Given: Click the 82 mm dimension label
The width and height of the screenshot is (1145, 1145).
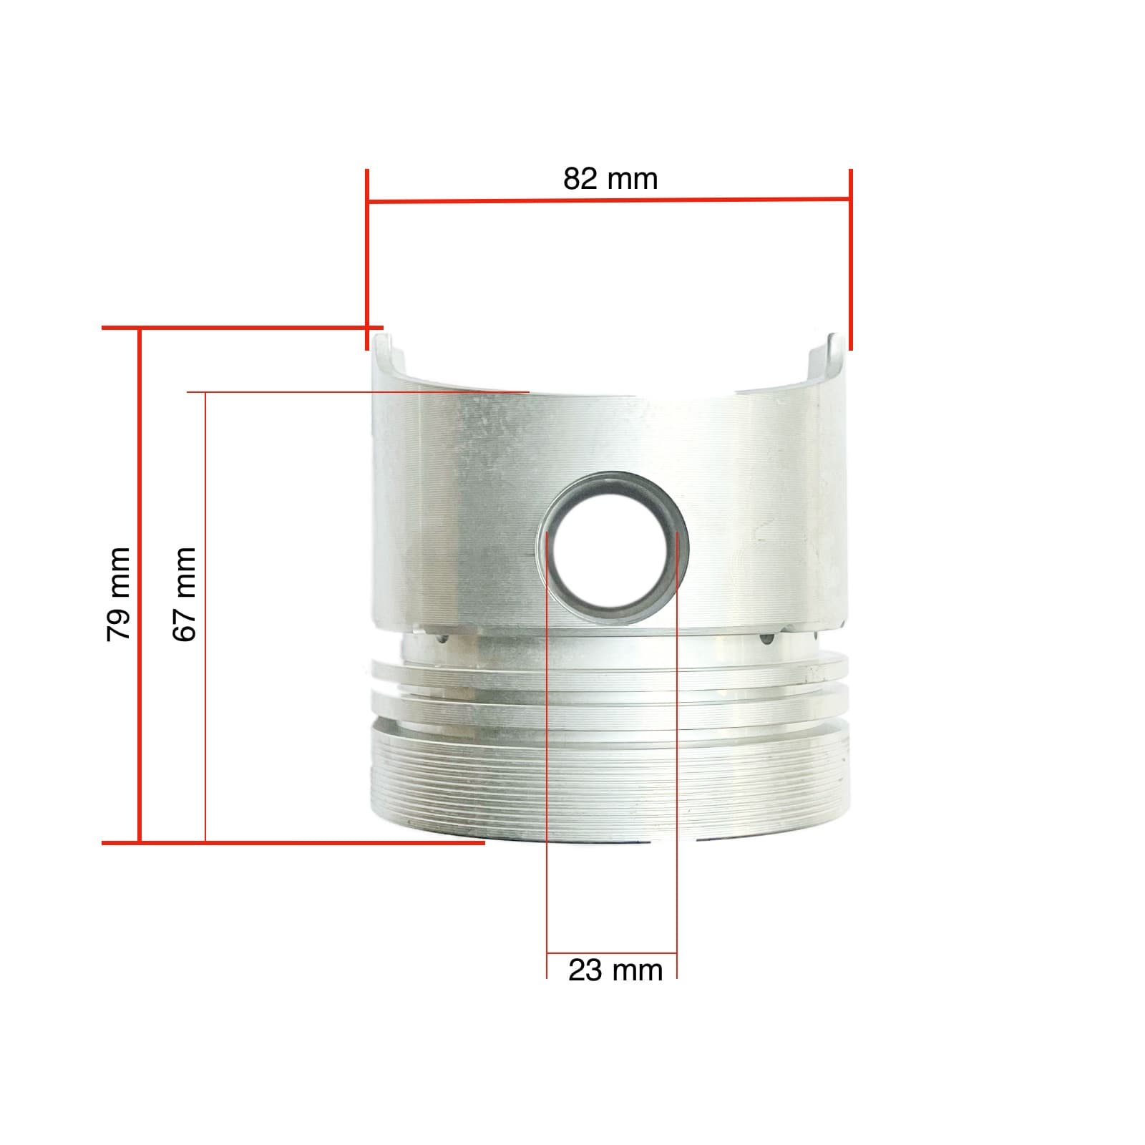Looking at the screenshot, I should (610, 179).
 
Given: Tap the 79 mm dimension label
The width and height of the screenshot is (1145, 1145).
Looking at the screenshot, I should (118, 594).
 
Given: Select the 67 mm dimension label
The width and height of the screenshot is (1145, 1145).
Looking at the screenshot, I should (185, 594).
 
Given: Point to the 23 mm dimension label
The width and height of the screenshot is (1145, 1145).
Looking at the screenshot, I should (615, 971).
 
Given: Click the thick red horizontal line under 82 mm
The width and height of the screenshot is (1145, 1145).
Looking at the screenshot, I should (608, 201).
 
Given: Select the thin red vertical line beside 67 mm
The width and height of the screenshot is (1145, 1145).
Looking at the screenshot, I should (206, 615).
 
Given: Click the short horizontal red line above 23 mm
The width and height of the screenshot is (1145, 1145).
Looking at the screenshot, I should (612, 953).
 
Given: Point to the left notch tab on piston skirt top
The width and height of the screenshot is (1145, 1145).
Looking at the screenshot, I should (386, 351).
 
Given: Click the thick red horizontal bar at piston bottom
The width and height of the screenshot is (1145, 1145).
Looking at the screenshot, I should (293, 843).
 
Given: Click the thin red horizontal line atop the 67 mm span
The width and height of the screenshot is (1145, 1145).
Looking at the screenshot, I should (358, 392).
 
